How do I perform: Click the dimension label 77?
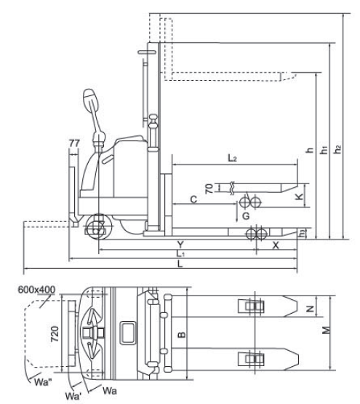[74, 143]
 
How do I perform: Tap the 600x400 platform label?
[36, 289]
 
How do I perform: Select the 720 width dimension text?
[55, 334]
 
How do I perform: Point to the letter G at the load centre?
[246, 215]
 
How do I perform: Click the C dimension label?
[193, 199]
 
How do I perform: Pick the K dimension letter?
[299, 197]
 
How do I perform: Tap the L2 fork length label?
[232, 158]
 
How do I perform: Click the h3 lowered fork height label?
[302, 234]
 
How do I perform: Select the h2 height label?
[337, 149]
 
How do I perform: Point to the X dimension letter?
[276, 245]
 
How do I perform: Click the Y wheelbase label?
[180, 245]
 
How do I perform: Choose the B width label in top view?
[182, 335]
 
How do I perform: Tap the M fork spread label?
[326, 330]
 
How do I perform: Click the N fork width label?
[311, 309]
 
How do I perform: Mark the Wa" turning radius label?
[43, 382]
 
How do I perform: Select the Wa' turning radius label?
[73, 396]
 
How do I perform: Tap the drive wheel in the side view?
[99, 226]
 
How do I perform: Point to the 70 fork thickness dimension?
[209, 189]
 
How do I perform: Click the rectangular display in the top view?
[127, 333]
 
